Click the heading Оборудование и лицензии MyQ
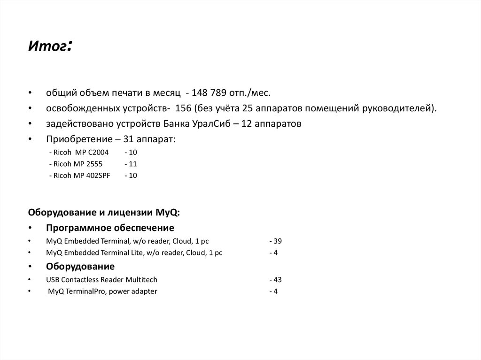click(x=103, y=213)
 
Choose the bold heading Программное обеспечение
click(x=110, y=228)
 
